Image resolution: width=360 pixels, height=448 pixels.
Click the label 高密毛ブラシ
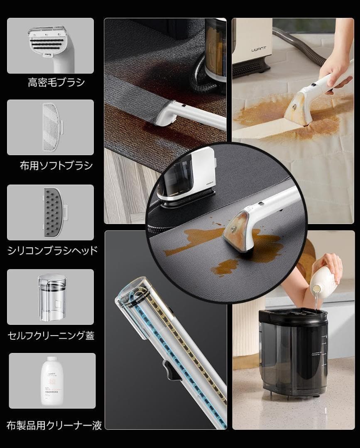point(56,82)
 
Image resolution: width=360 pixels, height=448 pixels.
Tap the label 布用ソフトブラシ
point(56,166)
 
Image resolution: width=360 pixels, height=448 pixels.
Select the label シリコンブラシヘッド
point(53,250)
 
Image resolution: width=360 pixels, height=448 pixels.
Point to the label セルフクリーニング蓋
point(51,335)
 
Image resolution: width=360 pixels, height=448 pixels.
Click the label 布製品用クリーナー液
point(54,425)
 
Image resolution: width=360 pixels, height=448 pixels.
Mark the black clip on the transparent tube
point(170,369)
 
